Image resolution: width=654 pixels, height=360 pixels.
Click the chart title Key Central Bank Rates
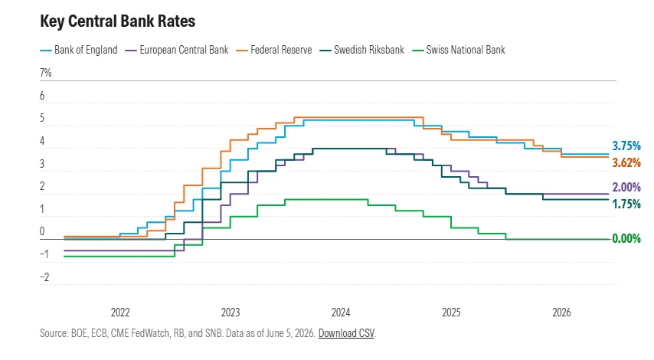(x=118, y=21)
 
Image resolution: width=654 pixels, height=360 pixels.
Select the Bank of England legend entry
(x=79, y=50)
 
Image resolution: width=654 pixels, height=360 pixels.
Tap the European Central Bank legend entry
(x=177, y=50)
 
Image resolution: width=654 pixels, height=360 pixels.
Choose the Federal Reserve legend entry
(x=274, y=50)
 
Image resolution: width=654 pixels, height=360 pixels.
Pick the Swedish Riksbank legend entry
(x=362, y=50)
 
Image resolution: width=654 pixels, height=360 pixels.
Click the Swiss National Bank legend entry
(x=459, y=50)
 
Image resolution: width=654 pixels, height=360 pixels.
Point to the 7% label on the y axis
(x=46, y=73)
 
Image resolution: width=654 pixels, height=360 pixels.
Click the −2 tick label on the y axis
(x=44, y=277)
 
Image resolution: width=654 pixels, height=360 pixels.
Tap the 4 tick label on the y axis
(x=42, y=141)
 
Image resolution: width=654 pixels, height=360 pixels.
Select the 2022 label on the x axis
(x=120, y=313)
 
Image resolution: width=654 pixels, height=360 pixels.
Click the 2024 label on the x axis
(x=341, y=313)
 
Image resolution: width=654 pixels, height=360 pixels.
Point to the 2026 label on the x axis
(x=561, y=313)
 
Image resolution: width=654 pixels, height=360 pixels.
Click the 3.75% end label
(x=626, y=146)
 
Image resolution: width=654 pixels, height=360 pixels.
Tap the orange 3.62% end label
(x=626, y=162)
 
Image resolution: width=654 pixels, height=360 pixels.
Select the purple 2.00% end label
(x=626, y=188)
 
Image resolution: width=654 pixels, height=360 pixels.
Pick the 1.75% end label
(x=626, y=204)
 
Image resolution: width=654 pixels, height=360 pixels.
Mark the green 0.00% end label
(x=626, y=239)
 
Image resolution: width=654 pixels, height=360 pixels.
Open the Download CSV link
(x=346, y=333)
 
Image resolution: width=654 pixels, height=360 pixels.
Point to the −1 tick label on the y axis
(x=44, y=254)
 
